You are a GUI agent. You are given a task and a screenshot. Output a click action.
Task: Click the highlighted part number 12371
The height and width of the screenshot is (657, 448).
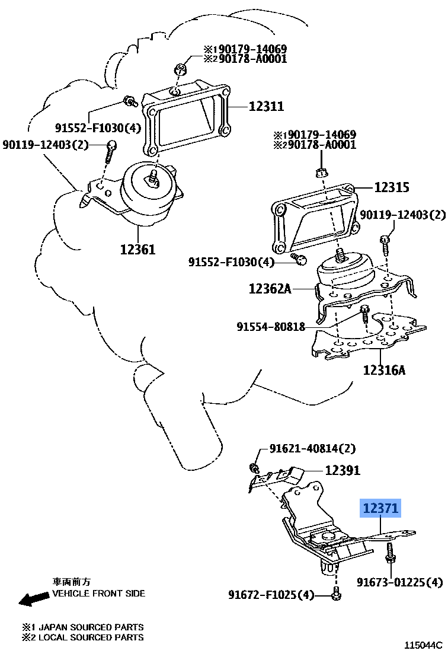(381, 508)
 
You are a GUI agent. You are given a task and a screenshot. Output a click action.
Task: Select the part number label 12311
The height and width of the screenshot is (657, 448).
(265, 107)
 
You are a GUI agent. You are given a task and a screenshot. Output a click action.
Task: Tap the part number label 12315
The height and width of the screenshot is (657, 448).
(391, 187)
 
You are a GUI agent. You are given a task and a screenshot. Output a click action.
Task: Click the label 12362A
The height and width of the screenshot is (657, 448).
(270, 289)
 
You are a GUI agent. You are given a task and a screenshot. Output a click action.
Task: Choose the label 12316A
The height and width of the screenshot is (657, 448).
(384, 371)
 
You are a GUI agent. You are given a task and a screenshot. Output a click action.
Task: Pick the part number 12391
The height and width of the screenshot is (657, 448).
(342, 470)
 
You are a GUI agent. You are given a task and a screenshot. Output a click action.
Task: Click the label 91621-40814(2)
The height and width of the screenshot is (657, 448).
(313, 448)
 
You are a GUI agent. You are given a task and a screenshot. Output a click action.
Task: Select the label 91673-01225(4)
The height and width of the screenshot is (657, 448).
(399, 582)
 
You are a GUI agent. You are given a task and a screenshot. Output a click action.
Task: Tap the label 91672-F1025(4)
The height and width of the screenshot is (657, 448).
(271, 594)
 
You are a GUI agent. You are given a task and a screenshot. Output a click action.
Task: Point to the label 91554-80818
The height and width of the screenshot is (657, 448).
(271, 326)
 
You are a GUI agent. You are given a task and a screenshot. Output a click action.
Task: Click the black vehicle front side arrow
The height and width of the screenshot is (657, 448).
(33, 599)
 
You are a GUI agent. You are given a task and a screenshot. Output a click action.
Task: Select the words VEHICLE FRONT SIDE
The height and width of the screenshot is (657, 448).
(98, 593)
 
